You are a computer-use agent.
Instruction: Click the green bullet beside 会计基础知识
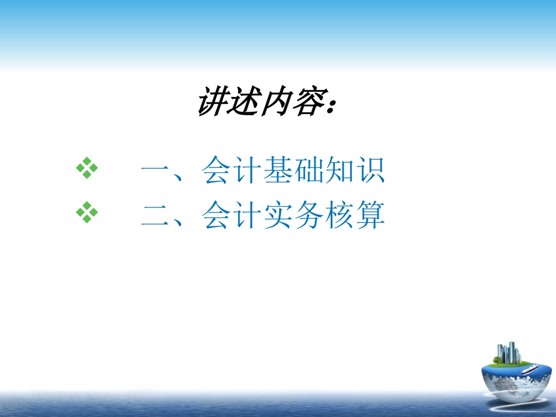(x=87, y=170)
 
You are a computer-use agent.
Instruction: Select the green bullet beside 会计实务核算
(x=87, y=213)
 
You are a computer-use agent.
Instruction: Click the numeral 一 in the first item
(x=155, y=171)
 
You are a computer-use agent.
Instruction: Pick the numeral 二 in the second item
(x=155, y=215)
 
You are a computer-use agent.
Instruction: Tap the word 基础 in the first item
(x=293, y=171)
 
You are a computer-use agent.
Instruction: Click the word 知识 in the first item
(x=355, y=171)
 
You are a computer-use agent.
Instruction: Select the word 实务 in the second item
(x=293, y=215)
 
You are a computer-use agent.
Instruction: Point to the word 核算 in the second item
(x=355, y=215)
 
